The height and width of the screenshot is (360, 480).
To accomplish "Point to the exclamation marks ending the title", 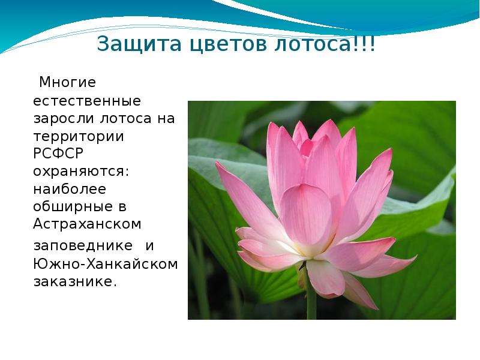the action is [364, 44].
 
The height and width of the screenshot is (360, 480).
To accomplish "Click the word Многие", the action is [68, 82].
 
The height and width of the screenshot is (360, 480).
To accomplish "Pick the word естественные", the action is [87, 101].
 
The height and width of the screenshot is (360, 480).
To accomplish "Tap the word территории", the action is [79, 136].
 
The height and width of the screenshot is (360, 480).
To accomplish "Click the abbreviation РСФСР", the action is [58, 153].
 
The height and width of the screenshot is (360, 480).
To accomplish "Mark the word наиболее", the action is [70, 188].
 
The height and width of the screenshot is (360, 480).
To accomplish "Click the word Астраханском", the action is [87, 224].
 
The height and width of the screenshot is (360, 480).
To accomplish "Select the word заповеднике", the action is [83, 245].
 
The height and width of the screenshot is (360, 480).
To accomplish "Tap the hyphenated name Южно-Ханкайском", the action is [106, 263].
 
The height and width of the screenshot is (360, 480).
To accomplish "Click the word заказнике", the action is [76, 281].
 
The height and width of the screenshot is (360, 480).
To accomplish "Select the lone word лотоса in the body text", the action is [126, 118].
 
